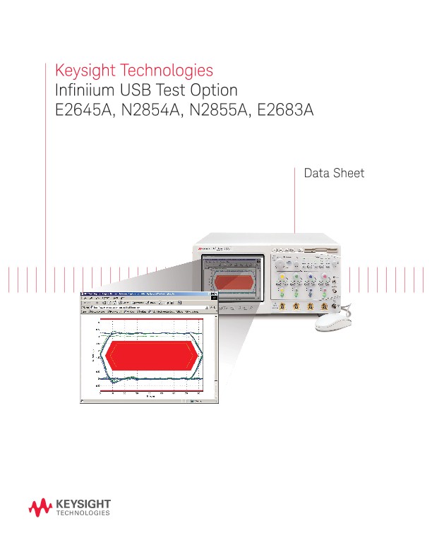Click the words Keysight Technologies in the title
point(134,71)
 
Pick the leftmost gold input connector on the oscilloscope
point(282,306)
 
